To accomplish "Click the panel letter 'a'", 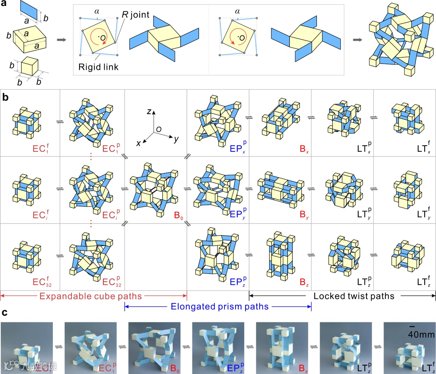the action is (5, 5).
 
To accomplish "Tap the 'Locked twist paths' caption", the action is (354, 297).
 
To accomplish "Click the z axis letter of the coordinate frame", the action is (149, 112).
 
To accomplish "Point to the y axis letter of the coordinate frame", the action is (176, 140).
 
